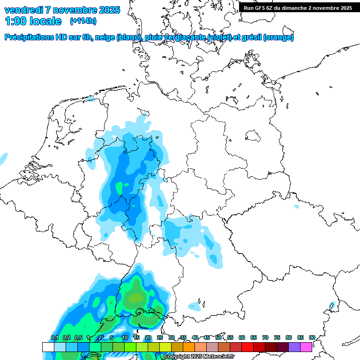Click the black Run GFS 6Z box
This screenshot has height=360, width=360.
click(x=298, y=7)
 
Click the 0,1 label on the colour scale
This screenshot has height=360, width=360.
click(x=54, y=337)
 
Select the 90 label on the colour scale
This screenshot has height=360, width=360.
click(x=312, y=337)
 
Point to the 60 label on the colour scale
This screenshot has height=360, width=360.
click(x=242, y=337)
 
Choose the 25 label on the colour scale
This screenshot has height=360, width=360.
click(x=160, y=337)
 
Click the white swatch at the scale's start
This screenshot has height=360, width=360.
click(x=48, y=347)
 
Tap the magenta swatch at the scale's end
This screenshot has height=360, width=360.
click(x=306, y=347)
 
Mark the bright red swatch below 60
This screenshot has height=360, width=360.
click(x=247, y=347)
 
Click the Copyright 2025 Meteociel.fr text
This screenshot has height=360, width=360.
click(x=199, y=357)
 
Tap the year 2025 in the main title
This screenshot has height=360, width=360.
click(x=108, y=10)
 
